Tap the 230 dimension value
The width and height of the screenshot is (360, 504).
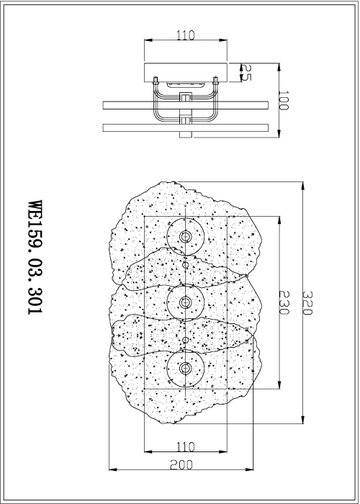pyautogui.click(x=285, y=302)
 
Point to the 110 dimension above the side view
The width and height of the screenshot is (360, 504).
pyautogui.click(x=186, y=34)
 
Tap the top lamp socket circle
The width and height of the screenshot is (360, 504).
pyautogui.click(x=186, y=237)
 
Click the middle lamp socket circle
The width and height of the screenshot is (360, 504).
pyautogui.click(x=186, y=302)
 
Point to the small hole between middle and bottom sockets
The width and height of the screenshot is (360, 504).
pyautogui.click(x=186, y=339)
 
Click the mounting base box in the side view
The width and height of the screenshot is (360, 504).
pyautogui.click(x=186, y=72)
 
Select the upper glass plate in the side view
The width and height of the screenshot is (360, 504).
pyautogui.click(x=186, y=105)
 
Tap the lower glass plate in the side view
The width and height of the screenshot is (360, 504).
pyautogui.click(x=186, y=128)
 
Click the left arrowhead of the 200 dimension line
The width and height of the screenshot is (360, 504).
pyautogui.click(x=109, y=472)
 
